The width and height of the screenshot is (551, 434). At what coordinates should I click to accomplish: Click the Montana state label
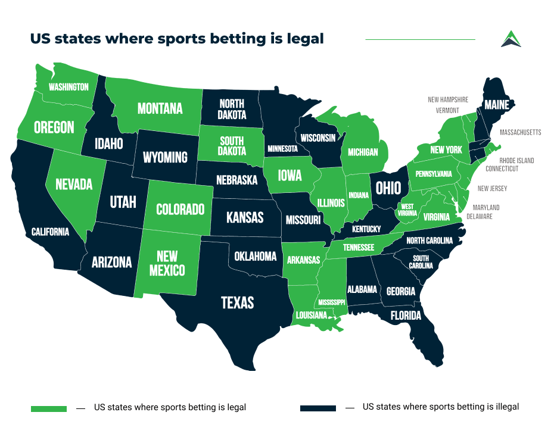160,108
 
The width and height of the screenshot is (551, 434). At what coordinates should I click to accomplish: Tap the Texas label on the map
237,302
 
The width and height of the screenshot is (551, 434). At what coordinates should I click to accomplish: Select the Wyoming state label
165,157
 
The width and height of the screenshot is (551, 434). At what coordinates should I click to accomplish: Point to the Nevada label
74,184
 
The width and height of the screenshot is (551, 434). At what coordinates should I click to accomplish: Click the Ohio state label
388,188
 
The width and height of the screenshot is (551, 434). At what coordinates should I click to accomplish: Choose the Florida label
406,315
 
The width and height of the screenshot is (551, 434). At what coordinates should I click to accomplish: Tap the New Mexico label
167,263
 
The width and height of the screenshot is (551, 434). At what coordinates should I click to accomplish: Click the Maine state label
496,105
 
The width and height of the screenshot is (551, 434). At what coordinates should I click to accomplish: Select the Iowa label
289,176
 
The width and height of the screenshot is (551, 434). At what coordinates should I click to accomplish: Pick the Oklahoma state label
255,257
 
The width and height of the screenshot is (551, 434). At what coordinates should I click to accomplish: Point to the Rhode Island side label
516,161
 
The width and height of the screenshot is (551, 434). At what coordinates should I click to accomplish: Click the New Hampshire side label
448,100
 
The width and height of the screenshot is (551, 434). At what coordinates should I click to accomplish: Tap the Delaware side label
479,217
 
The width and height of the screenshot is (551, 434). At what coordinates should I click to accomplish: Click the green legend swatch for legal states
49,408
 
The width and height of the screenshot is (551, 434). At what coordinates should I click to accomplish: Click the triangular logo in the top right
510,39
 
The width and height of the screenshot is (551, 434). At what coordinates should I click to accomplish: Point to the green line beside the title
420,39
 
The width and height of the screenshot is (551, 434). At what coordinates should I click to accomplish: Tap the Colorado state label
180,210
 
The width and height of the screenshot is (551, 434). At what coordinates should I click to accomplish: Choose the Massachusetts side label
520,132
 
